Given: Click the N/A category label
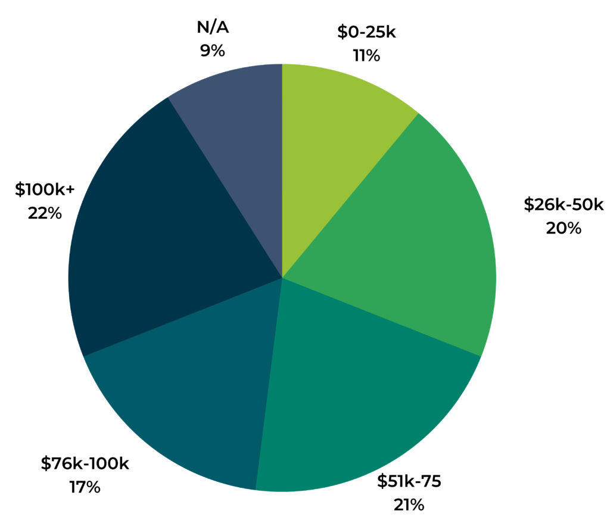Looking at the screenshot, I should point(213,27).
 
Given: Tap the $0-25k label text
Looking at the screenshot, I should point(366,32).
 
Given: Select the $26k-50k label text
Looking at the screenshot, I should point(564,205).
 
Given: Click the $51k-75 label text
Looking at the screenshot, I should point(409,481).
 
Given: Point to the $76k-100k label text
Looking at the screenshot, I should point(85,464).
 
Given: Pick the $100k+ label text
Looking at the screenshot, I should point(45,190).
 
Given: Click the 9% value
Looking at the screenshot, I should point(213,51).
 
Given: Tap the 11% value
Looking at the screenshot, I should point(366,56).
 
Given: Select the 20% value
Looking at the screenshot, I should point(564,228).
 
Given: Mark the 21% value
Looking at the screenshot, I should point(409,505).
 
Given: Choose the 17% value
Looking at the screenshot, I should point(85,487).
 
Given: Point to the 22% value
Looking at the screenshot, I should point(45,213).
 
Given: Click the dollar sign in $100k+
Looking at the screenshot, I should point(20,190).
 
